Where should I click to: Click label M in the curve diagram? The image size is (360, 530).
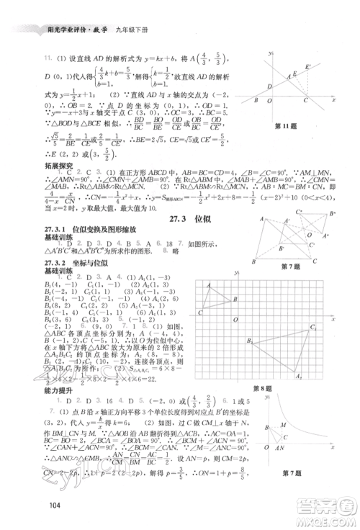click(x=282, y=444)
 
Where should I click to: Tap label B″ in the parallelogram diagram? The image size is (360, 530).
click(x=333, y=213)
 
